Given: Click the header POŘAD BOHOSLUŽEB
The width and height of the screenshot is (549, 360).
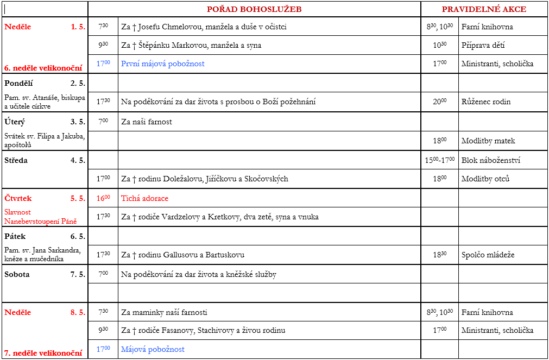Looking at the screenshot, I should pos(254,9).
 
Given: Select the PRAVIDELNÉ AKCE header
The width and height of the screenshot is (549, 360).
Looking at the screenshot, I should pos(484,9).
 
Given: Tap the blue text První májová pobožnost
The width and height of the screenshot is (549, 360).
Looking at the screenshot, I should pos(163,64).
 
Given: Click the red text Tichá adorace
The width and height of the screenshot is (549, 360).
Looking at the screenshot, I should pos(144,198).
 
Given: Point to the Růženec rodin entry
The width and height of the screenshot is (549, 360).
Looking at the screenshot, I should pos(486,102).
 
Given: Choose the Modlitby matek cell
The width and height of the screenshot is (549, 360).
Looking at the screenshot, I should pos(488,141).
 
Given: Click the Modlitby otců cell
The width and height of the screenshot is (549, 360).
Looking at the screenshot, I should pos(485,179).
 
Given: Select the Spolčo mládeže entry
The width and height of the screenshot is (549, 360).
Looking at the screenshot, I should pos(488,255).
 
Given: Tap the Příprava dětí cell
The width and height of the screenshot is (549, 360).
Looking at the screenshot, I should pos(484,45).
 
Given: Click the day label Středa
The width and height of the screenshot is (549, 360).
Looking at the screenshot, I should pos(16,160).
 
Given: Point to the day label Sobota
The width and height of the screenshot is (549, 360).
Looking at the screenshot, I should pos(17,274).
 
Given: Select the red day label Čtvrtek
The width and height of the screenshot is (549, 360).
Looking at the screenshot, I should pos(18,198).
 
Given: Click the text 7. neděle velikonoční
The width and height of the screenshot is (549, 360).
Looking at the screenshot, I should pos(43,353).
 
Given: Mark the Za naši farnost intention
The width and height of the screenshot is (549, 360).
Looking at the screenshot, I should pos(147,122).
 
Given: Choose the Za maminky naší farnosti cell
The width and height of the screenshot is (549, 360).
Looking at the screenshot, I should pos(164,312).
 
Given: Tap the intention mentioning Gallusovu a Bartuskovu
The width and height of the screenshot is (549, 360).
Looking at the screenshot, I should pos(182,255).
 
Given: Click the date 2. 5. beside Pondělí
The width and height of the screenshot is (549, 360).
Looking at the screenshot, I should pos(78,83).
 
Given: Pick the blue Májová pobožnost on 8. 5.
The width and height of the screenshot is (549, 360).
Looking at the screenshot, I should pos(153,349).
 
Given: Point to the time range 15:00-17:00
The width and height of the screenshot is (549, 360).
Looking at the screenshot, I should pos(440,160).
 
